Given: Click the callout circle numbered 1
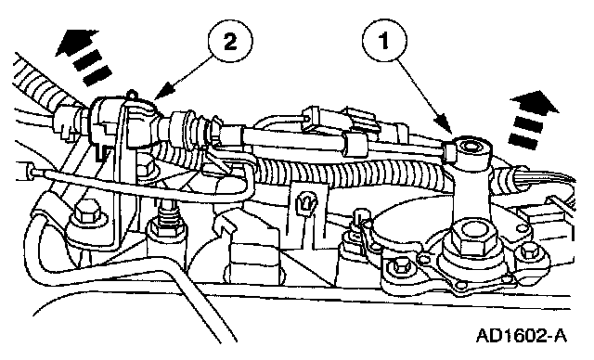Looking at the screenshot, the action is tap(384, 41).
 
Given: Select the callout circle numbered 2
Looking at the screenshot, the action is tap(230, 42).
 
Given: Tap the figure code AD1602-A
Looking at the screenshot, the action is tap(522, 335).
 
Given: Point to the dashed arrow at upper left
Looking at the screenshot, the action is tap(83, 57).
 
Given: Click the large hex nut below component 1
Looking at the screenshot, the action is tap(470, 238).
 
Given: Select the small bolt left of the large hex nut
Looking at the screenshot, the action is tap(399, 267).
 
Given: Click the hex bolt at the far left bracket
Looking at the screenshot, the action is tap(87, 214).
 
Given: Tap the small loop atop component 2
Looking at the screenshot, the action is tap(132, 93).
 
